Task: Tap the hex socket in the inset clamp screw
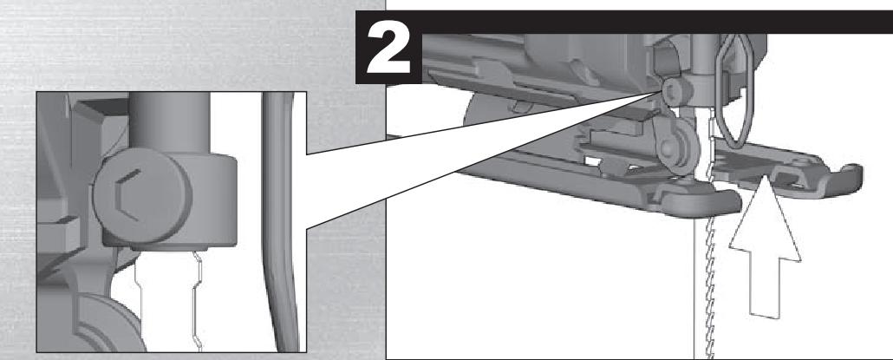click(127, 195)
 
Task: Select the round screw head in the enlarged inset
click(142, 196)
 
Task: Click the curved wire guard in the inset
click(279, 222)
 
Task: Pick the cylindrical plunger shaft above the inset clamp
click(170, 122)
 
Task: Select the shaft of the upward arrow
click(765, 288)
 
